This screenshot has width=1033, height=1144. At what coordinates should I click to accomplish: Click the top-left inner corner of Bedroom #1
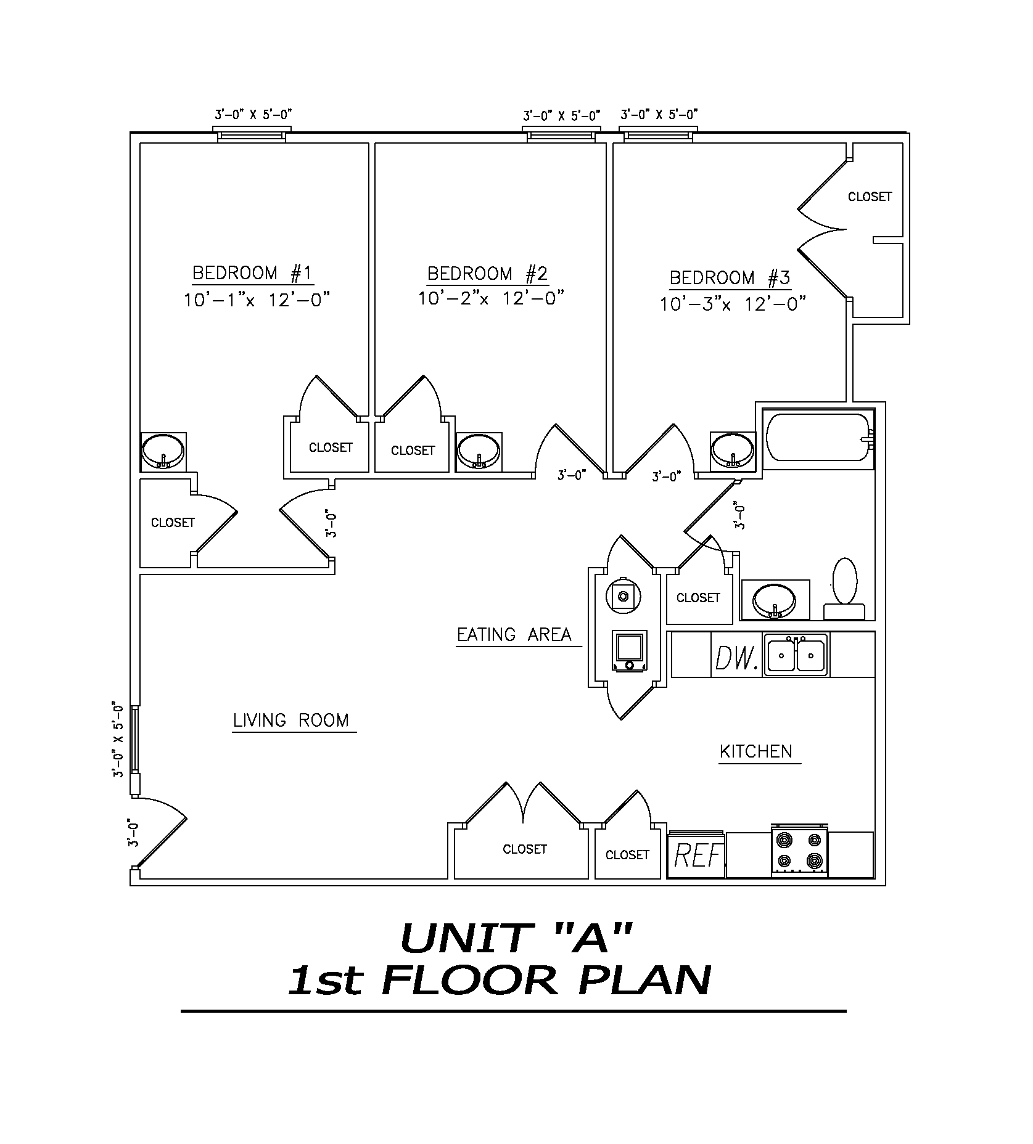141,144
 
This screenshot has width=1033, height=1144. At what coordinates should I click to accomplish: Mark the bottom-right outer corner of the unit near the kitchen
886,886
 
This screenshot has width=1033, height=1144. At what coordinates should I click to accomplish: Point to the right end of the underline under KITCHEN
800,764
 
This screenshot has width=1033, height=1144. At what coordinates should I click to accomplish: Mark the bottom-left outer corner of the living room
130,886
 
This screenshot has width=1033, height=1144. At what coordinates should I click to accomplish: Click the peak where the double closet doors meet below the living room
524,823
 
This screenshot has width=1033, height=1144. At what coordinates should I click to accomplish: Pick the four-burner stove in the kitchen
799,850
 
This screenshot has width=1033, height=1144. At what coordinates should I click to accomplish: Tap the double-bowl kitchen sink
796,655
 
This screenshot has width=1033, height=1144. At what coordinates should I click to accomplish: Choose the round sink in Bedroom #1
163,451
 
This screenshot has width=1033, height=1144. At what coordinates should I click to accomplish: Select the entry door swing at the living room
159,835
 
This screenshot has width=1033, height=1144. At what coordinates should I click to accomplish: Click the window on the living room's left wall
134,739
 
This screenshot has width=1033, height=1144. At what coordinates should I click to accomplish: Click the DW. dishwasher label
736,657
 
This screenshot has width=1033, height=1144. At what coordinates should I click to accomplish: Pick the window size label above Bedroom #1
253,114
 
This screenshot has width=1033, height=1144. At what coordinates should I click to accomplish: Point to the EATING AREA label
514,634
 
